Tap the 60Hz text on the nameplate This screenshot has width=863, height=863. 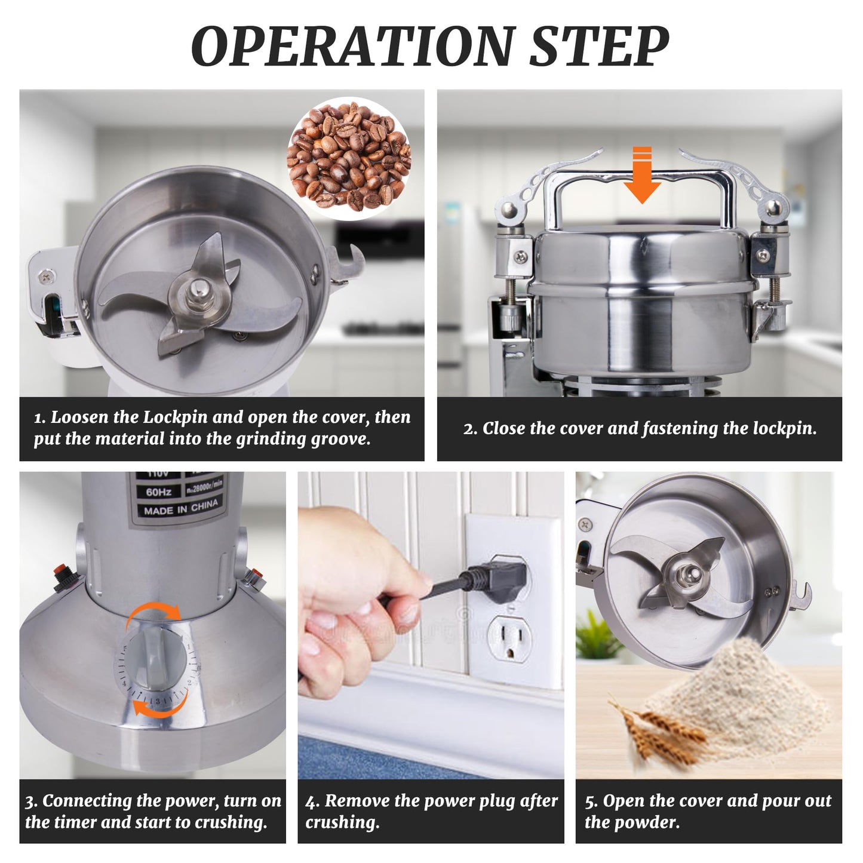159,492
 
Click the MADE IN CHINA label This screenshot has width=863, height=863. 181,509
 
